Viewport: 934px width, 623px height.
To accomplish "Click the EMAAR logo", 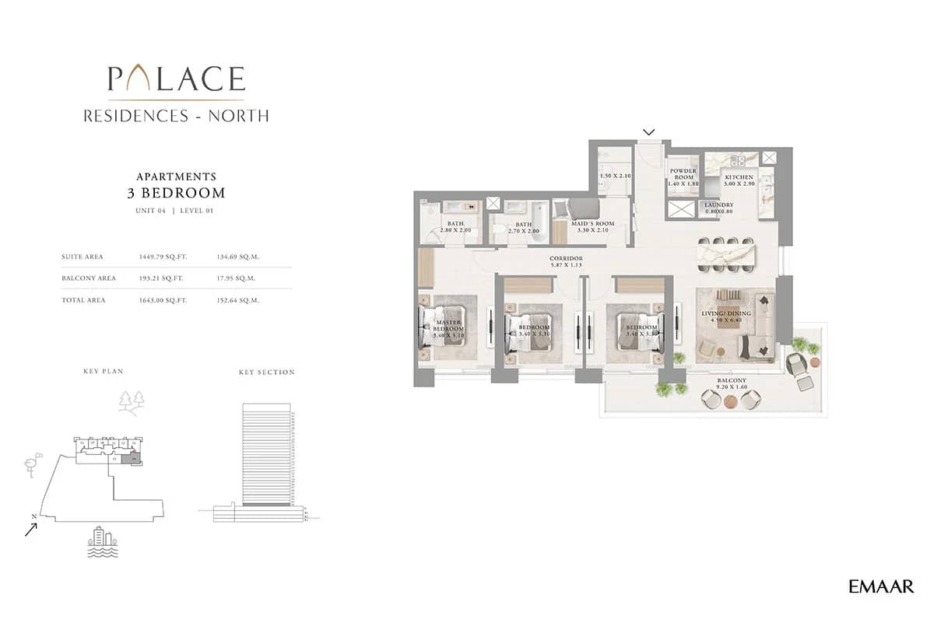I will [x=881, y=586].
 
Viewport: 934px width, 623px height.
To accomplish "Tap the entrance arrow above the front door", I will [x=649, y=131].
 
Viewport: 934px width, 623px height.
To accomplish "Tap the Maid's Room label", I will [x=594, y=226].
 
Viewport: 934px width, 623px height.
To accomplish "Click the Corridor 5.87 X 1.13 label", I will [x=565, y=261].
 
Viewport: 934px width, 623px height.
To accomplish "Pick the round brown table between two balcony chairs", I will [x=730, y=401].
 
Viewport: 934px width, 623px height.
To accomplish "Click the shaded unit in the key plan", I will [x=135, y=460].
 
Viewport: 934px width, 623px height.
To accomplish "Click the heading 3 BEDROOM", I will [x=176, y=193].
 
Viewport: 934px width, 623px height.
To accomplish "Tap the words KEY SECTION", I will [x=266, y=373].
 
